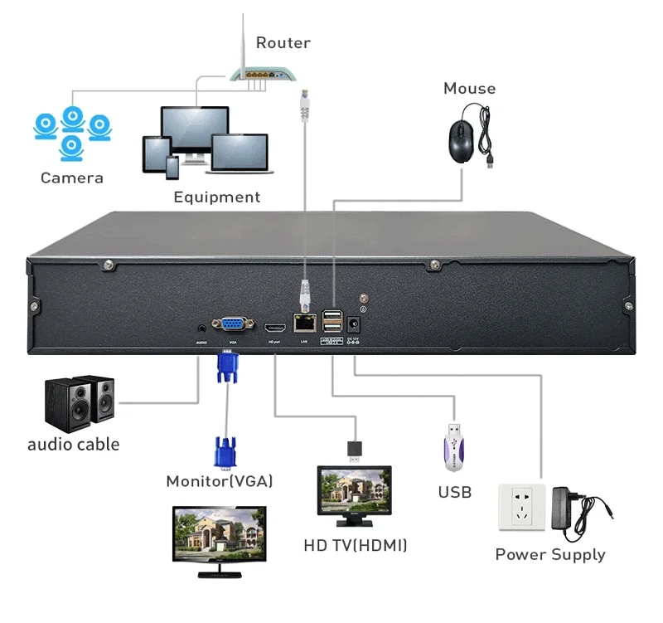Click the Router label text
283,42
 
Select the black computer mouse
462,138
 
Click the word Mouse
469,89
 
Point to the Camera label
72,178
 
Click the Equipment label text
216,197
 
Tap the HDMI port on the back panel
275,325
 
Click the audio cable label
73,445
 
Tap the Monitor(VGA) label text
220,481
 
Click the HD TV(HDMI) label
355,546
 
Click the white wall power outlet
520,508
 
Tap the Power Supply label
550,555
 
